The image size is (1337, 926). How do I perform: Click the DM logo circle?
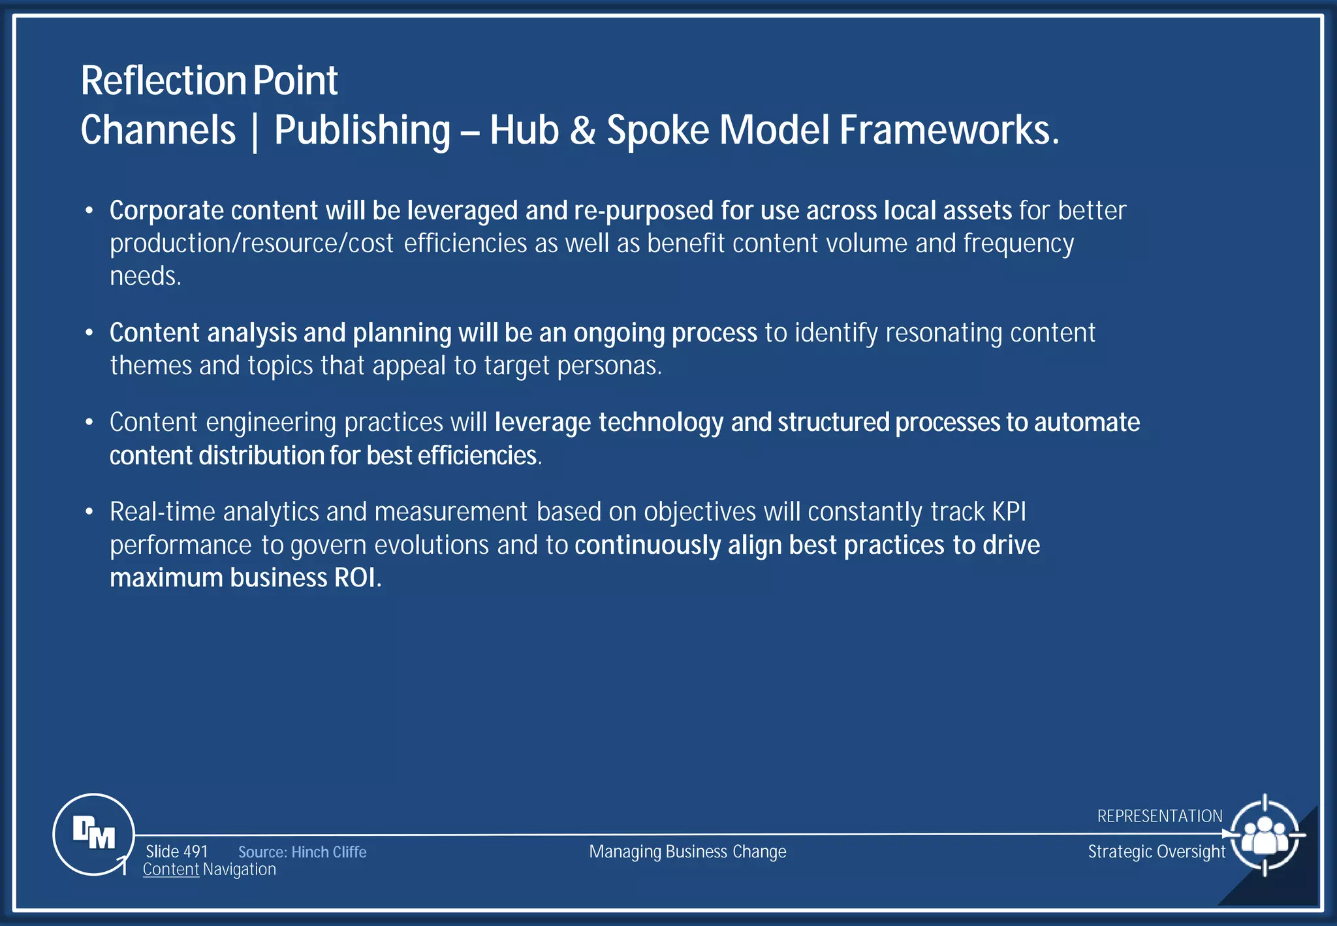click(x=93, y=834)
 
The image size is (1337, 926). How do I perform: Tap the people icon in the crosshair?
click(x=1265, y=835)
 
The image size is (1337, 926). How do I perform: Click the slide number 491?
click(x=177, y=852)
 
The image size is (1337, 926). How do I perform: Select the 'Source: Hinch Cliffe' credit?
click(x=302, y=852)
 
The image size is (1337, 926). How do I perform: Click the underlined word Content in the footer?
click(x=171, y=870)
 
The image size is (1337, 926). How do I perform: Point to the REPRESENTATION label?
click(x=1159, y=816)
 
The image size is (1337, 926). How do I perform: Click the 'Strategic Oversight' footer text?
click(x=1156, y=852)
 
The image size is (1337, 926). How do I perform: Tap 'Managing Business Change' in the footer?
click(x=687, y=852)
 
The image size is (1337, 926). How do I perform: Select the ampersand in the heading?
click(x=582, y=130)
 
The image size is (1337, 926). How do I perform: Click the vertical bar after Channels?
click(x=255, y=131)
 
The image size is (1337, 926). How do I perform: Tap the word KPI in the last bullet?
click(x=1009, y=512)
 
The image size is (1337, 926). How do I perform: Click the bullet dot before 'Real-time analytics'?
click(x=89, y=512)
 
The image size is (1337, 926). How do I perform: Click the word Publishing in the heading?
click(x=362, y=131)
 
